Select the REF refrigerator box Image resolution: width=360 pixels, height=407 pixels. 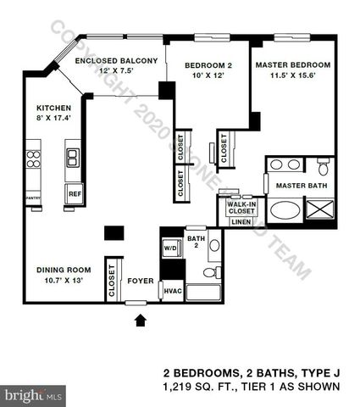pos(75,194)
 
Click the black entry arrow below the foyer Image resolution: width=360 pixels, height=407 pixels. pos(140,319)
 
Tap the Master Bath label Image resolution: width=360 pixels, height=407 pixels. pos(301,186)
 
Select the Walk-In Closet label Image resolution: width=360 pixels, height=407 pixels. pos(241,207)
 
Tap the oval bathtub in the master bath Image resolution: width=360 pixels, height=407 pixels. pos(284,209)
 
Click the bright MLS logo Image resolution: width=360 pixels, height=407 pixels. pos(35,395)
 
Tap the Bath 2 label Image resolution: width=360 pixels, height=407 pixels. pos(197,242)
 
